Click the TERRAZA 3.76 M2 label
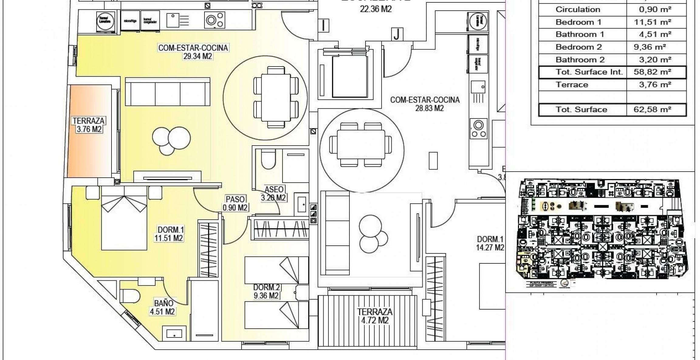[88, 125]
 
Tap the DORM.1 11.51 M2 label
[169, 234]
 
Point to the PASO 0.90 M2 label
[235, 203]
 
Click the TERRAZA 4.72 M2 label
[374, 316]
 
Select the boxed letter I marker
[324, 25]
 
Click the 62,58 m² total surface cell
[656, 110]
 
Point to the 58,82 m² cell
[656, 72]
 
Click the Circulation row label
[578, 9]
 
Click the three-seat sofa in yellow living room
[168, 91]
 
